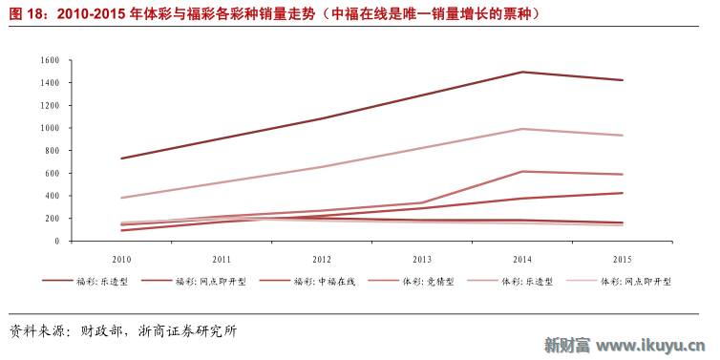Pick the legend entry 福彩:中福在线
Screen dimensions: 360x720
click(x=315, y=282)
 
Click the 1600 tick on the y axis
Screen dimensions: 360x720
click(x=51, y=60)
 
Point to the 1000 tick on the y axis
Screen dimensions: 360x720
click(x=51, y=128)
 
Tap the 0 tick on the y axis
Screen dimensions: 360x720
click(x=56, y=242)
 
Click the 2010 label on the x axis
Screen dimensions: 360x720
click(x=121, y=260)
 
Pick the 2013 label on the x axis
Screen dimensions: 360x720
click(x=422, y=260)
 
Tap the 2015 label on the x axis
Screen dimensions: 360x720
click(x=623, y=260)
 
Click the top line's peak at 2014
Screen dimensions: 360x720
click(x=522, y=72)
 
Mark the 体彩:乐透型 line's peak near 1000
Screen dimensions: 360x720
click(x=522, y=129)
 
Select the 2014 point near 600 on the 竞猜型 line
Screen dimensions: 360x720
click(x=522, y=172)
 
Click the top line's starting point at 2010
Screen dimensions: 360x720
click(x=121, y=159)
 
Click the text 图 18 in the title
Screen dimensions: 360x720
click(x=26, y=13)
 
